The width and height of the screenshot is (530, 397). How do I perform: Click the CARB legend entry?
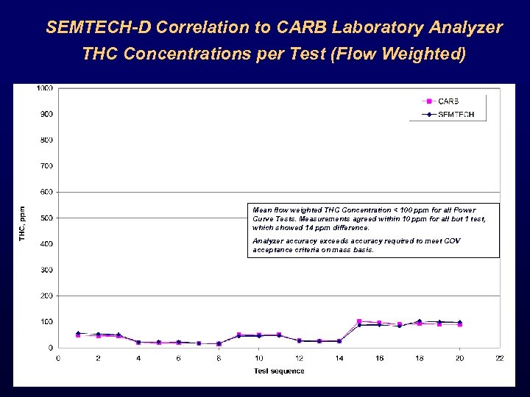coord(448,101)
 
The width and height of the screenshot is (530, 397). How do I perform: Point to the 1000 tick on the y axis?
coord(45,88)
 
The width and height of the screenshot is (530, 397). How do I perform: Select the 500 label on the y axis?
coord(46,218)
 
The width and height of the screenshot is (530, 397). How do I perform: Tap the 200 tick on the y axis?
coord(46,296)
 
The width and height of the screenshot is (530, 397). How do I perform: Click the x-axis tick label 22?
coord(499,358)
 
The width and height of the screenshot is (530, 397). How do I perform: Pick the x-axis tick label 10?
coord(258,358)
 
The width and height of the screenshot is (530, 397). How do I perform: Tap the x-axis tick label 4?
coord(138,358)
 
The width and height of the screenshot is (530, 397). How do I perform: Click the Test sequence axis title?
coord(279,371)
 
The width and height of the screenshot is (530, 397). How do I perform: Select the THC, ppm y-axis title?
coord(23,223)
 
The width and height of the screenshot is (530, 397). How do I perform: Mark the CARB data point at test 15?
coord(359,321)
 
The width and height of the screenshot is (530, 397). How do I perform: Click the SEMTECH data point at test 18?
coord(419,321)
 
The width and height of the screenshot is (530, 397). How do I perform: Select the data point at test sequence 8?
coord(219,343)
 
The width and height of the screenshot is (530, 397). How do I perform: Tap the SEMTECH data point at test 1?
coord(78,333)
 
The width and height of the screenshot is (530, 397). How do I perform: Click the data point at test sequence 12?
coord(299,340)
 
